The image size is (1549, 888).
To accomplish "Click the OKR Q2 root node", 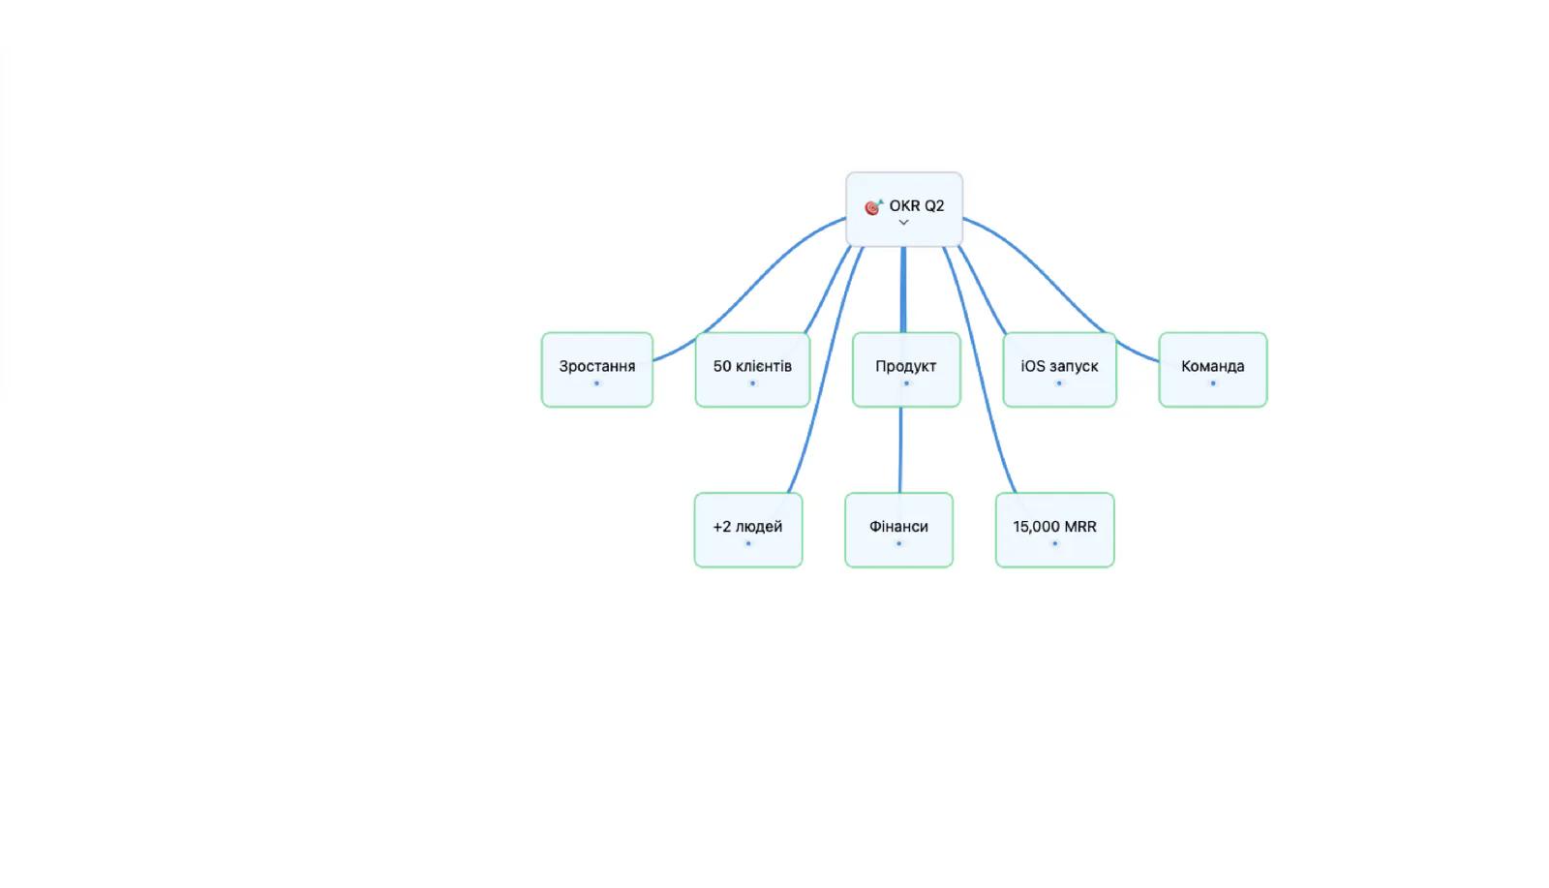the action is pos(904,209).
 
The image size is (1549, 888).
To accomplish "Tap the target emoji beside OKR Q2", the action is pos(873,207).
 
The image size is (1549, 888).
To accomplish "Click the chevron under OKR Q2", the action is pos(904,223).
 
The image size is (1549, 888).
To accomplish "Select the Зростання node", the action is pos(596,369).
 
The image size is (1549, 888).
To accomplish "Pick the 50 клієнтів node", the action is pos(752,369).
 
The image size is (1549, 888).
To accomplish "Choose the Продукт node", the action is pos(906,369).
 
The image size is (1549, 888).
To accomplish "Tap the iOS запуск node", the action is pos(1059,369).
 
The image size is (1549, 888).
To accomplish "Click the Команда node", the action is pos(1213,369).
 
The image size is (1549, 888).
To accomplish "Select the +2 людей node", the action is pos(748,530).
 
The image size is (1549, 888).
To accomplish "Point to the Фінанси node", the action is pos(899,530).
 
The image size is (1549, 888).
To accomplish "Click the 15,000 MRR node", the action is pos(1054,530).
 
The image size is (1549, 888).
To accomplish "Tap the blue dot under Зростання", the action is pos(596,383).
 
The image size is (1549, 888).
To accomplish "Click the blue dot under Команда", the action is pos(1213,383).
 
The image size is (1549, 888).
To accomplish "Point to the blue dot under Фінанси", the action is pos(899,543).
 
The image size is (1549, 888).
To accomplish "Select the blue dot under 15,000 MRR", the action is pos(1054,543).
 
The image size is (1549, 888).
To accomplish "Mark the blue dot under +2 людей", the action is pos(748,543).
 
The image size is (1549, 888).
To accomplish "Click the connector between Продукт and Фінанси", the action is pos(900,449).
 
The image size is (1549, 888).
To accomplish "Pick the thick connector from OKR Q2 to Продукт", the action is pos(903,290).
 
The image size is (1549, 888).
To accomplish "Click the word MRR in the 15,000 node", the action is pos(1080,526).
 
